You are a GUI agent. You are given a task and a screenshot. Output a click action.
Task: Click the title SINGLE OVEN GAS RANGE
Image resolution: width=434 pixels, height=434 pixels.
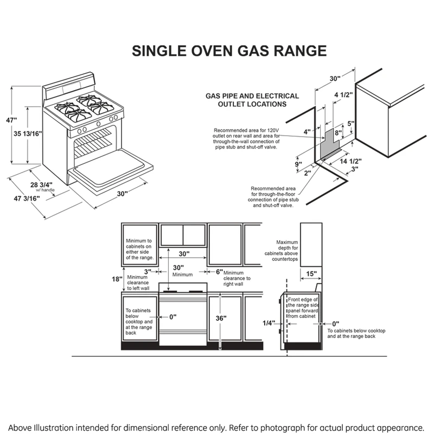pyautogui.click(x=229, y=51)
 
